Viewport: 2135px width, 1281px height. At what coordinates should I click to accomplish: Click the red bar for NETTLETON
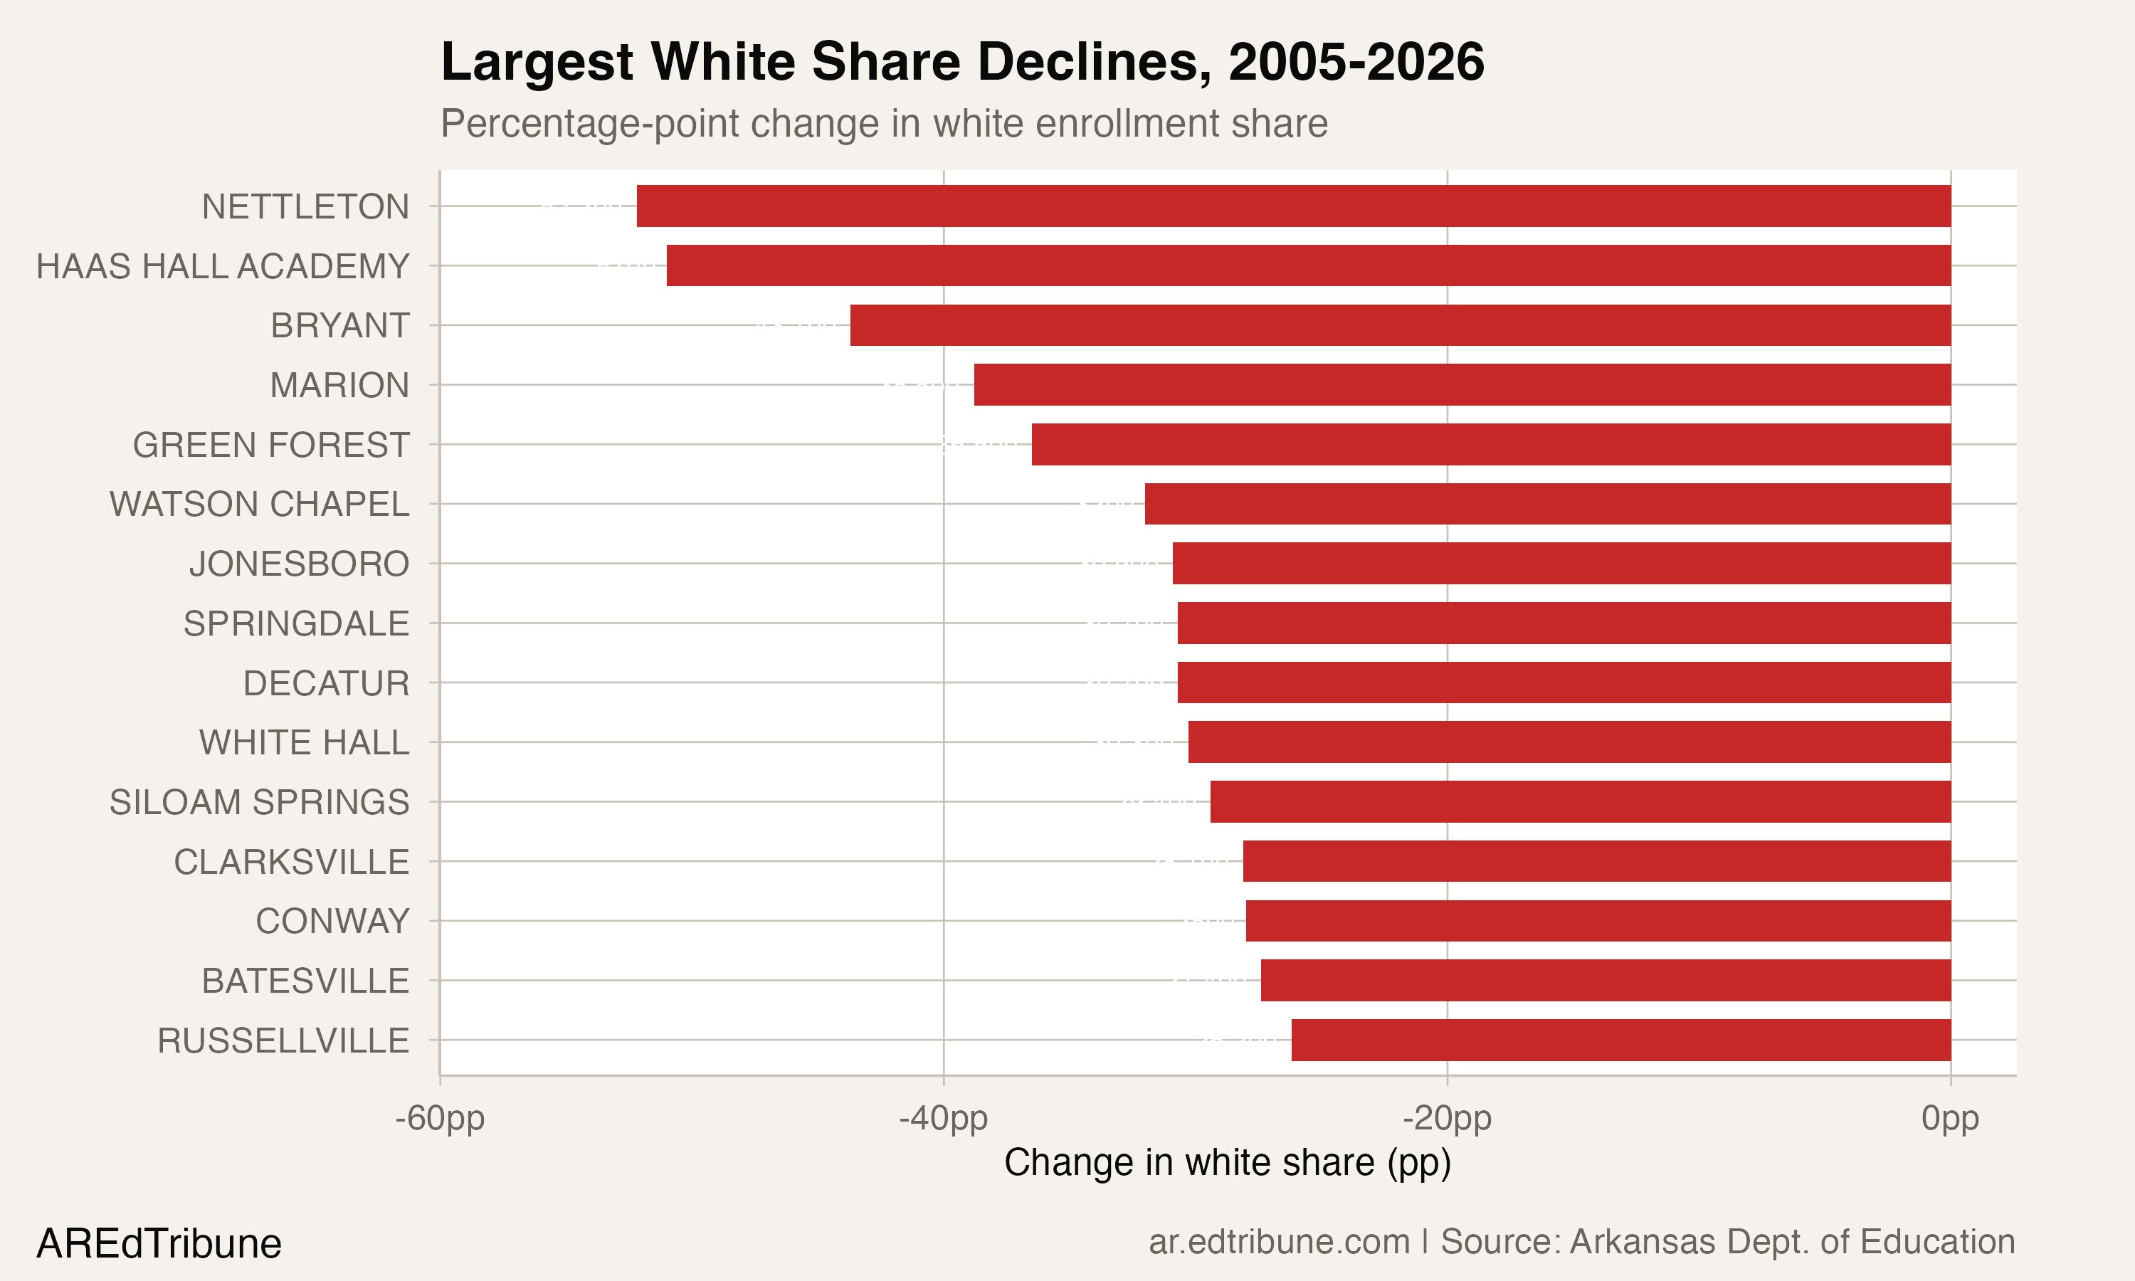[1294, 206]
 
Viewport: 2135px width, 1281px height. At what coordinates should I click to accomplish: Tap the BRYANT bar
[1400, 325]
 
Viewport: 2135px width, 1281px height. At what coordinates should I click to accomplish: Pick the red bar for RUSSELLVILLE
[1620, 1040]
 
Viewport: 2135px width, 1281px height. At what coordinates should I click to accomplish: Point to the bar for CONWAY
[1598, 921]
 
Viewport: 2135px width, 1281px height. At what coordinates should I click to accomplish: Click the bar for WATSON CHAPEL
[1547, 504]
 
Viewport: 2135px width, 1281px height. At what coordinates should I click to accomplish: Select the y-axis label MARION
[339, 385]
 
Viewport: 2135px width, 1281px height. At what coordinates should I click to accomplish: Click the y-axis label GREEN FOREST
[270, 445]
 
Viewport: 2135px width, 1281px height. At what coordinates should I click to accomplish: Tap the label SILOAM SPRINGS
[259, 802]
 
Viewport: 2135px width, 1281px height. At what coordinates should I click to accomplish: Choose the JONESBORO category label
[299, 564]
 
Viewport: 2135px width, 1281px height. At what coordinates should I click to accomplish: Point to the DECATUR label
[325, 682]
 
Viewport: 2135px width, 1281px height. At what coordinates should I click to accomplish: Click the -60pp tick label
[440, 1119]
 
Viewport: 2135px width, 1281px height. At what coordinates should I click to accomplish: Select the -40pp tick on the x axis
[943, 1119]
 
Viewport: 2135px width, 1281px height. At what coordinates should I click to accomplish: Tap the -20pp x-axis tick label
[1448, 1119]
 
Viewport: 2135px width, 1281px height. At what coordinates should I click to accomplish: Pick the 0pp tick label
[1951, 1119]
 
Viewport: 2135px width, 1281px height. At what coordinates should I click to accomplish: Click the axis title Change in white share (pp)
[1227, 1163]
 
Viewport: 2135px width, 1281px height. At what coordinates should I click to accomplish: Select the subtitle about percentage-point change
[884, 123]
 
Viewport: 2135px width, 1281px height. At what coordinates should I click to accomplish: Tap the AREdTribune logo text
[159, 1244]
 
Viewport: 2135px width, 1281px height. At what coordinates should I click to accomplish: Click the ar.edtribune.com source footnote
[1582, 1242]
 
